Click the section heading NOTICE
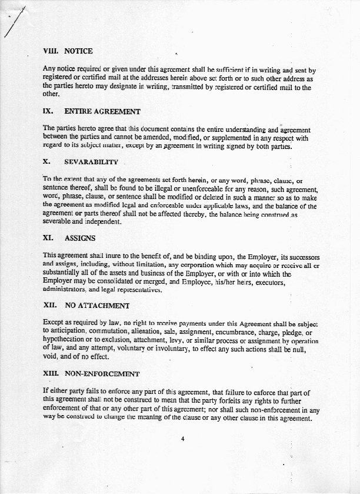[78, 51]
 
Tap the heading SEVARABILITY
[91, 161]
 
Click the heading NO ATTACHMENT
[96, 306]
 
